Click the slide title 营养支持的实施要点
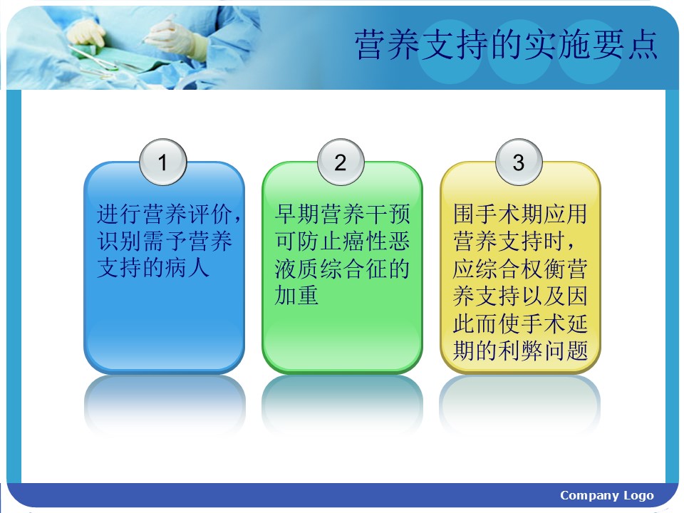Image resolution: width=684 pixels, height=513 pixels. pyautogui.click(x=506, y=45)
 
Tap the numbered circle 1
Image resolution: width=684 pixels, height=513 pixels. pyautogui.click(x=162, y=162)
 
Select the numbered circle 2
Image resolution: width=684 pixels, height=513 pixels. pyautogui.click(x=341, y=162)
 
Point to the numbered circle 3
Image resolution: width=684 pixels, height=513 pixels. pyautogui.click(x=519, y=162)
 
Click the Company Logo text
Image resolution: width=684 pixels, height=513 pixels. pyautogui.click(x=607, y=495)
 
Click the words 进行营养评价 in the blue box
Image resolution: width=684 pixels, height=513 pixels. pyautogui.click(x=164, y=214)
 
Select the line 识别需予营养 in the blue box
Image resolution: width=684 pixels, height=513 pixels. pyautogui.click(x=164, y=241)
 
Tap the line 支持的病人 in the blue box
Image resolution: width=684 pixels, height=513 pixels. pyautogui.click(x=152, y=267)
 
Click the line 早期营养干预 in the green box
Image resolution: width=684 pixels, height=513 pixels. pyautogui.click(x=342, y=214)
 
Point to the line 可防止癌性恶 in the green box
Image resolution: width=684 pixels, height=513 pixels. pyautogui.click(x=342, y=241)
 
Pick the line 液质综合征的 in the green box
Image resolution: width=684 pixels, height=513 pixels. pyautogui.click(x=342, y=269)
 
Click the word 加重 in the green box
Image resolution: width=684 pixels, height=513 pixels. pyautogui.click(x=296, y=295)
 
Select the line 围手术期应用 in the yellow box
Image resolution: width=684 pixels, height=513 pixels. pyautogui.click(x=520, y=214)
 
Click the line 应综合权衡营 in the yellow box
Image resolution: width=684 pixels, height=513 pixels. pyautogui.click(x=520, y=269)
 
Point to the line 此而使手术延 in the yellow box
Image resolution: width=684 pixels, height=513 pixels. pyautogui.click(x=520, y=323)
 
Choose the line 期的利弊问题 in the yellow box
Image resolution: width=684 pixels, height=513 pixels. pyautogui.click(x=520, y=351)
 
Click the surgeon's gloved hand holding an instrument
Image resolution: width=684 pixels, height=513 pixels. pyautogui.click(x=172, y=37)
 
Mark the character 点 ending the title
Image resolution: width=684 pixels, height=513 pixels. pyautogui.click(x=643, y=45)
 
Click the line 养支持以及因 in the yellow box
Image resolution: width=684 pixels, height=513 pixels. pyautogui.click(x=520, y=296)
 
